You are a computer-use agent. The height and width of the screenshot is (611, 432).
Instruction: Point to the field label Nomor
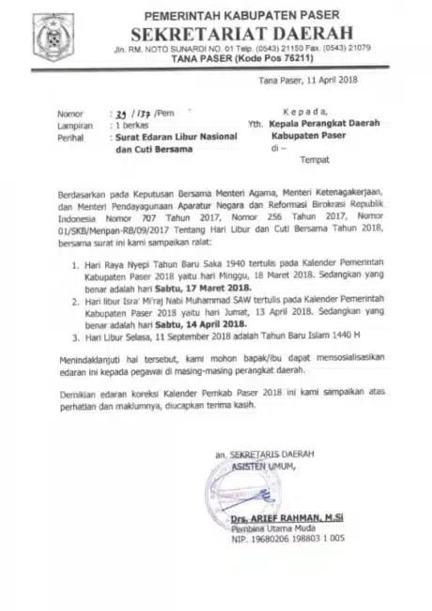pos(70,111)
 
